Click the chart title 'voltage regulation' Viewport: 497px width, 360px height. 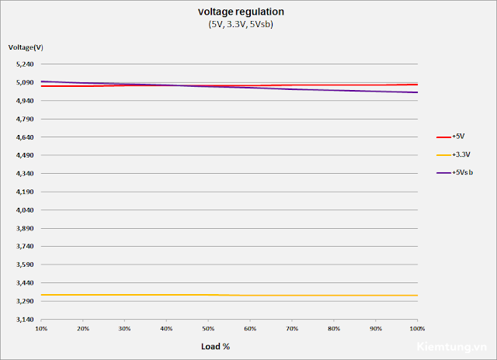[241, 12]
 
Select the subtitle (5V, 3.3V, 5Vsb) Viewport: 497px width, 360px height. [241, 24]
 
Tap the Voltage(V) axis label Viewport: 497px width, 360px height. [26, 47]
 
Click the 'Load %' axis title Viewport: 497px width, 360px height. [216, 346]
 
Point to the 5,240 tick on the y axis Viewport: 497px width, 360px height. [25, 64]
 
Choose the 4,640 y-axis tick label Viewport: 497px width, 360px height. [25, 137]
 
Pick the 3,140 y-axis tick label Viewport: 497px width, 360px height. [25, 320]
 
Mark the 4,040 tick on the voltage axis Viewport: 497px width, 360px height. [25, 210]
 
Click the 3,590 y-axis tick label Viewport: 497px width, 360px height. [25, 265]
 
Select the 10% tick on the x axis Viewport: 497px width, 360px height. [41, 329]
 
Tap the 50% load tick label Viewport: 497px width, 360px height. [208, 329]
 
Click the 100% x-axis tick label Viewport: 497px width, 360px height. [417, 329]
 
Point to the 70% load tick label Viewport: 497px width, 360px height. [292, 329]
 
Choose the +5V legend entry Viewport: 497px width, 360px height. [450, 137]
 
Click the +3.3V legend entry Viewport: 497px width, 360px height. [454, 154]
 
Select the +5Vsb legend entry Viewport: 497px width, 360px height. [455, 172]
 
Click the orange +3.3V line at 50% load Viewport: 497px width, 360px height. [208, 295]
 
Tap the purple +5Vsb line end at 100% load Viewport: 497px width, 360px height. [418, 92]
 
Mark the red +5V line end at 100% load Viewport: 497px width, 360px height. [418, 85]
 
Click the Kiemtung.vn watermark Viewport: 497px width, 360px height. [452, 347]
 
